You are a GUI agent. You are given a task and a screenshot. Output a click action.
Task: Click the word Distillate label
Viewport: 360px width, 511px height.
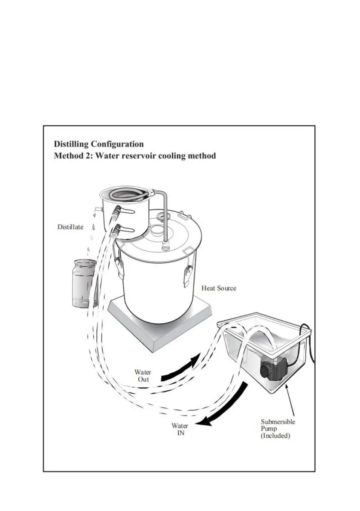(70, 227)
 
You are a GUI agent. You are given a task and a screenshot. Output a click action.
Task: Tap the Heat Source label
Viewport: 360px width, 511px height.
(219, 288)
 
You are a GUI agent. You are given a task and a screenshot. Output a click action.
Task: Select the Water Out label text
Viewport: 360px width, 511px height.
(143, 376)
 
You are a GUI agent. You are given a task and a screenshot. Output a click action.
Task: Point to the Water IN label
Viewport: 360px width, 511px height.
(180, 429)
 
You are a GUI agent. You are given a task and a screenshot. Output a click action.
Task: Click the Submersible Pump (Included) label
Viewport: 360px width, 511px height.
(278, 429)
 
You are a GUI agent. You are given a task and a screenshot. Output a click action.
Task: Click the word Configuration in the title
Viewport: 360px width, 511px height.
(117, 144)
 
